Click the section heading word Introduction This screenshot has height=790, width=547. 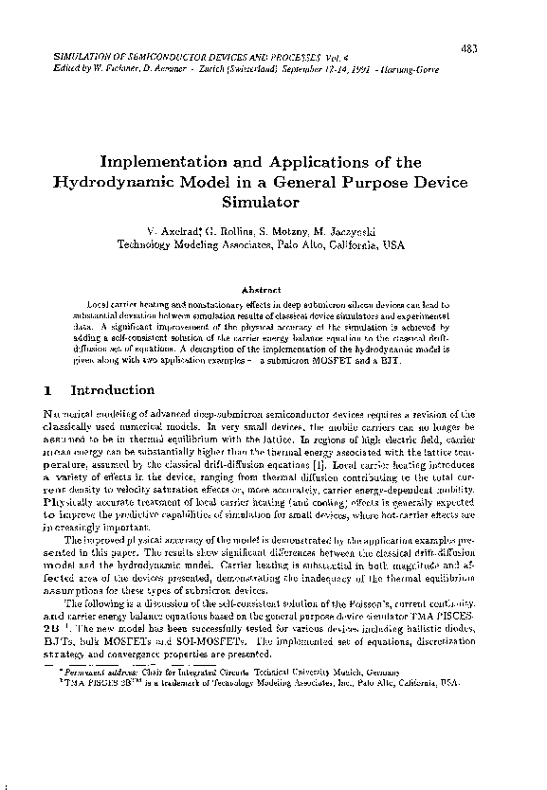coord(113,390)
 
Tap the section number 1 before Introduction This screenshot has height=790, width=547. coord(48,390)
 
